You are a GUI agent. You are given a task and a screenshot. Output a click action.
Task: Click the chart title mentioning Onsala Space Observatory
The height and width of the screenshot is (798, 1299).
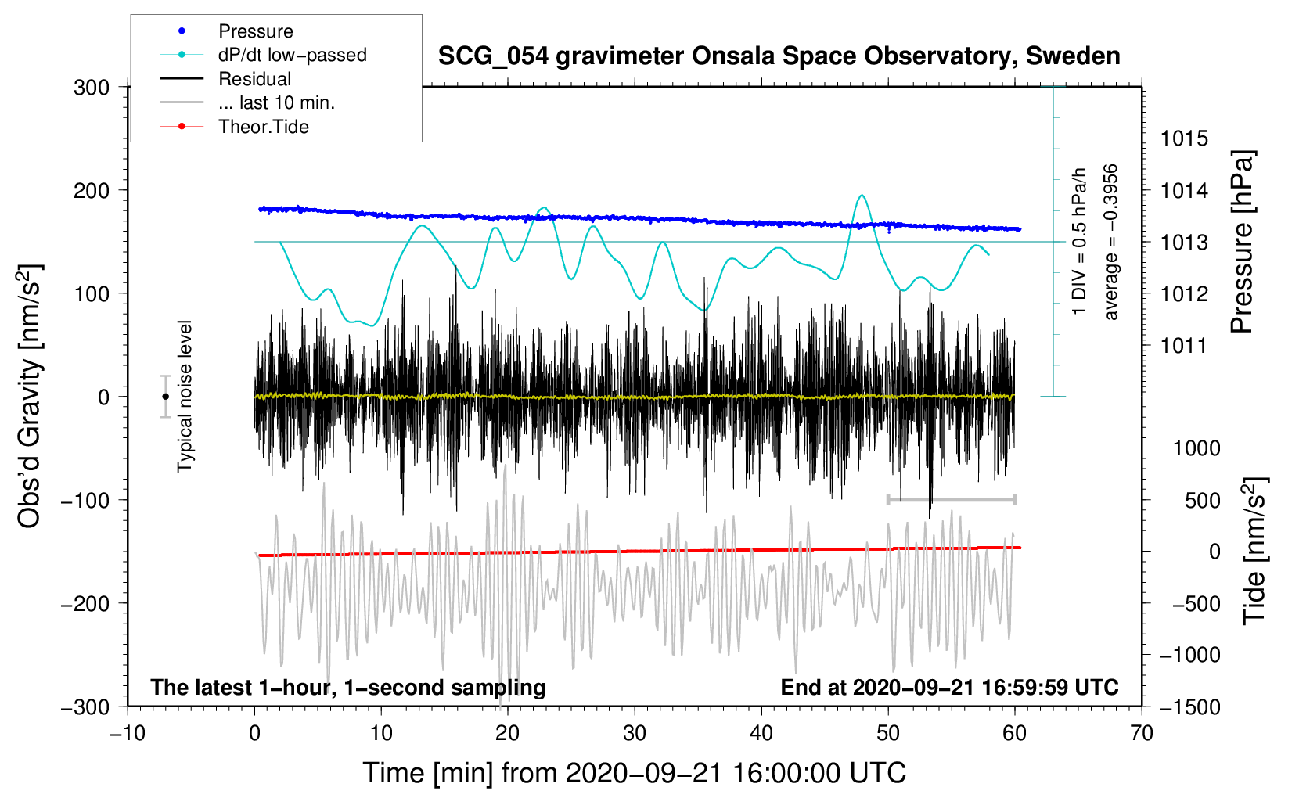pyautogui.click(x=779, y=56)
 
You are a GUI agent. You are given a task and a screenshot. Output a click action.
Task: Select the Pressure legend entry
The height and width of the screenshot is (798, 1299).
pyautogui.click(x=255, y=31)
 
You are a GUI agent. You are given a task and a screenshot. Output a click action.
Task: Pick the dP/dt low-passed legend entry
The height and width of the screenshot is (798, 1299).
pyautogui.click(x=292, y=55)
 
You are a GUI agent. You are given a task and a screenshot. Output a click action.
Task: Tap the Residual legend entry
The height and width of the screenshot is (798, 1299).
pyautogui.click(x=254, y=79)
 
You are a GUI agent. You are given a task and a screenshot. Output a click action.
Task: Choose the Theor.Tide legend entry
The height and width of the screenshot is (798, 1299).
pyautogui.click(x=263, y=127)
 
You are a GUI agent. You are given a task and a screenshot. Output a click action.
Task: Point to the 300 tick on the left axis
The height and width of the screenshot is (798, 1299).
pyautogui.click(x=92, y=87)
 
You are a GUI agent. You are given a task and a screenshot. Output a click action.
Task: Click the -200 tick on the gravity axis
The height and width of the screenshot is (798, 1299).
pyautogui.click(x=86, y=603)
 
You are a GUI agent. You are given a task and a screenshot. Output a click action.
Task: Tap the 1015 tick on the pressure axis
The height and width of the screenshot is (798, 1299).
pyautogui.click(x=1184, y=138)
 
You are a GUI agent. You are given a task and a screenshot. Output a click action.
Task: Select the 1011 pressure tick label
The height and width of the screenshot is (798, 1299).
pyautogui.click(x=1184, y=345)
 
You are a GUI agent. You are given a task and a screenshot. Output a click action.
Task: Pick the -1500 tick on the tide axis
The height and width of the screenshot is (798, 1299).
pyautogui.click(x=1190, y=706)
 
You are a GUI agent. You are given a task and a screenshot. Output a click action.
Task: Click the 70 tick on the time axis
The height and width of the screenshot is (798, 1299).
pyautogui.click(x=1142, y=733)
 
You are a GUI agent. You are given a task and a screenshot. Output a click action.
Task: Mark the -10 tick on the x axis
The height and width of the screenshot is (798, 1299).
pyautogui.click(x=128, y=733)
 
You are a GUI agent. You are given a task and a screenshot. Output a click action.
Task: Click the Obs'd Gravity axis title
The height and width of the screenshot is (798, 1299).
pyautogui.click(x=30, y=396)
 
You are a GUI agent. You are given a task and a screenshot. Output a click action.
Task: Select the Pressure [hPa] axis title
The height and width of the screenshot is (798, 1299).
pyautogui.click(x=1242, y=242)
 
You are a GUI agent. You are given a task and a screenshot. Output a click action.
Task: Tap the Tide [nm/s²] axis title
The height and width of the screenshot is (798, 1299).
pyautogui.click(x=1254, y=550)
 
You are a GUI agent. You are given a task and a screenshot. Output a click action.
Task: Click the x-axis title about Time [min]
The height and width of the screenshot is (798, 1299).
pyautogui.click(x=635, y=773)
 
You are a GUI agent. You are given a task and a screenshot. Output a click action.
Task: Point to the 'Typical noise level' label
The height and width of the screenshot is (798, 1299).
pyautogui.click(x=185, y=396)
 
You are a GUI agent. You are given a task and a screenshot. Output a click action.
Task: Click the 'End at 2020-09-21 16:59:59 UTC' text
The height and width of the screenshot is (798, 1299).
pyautogui.click(x=949, y=687)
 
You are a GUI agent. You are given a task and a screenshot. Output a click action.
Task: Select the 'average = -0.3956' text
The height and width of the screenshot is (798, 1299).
pyautogui.click(x=1111, y=242)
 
